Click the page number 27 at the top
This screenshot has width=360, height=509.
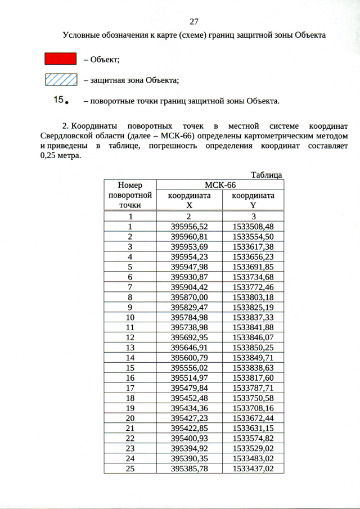pos(194,22)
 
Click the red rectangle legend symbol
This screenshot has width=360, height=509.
pos(61,59)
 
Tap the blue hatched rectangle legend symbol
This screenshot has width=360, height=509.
pos(61,80)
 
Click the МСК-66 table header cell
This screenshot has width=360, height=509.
pos(219,185)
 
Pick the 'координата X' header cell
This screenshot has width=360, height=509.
pos(190,200)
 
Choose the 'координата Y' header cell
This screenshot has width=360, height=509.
pos(253,200)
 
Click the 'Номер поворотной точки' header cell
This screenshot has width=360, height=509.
pos(130,195)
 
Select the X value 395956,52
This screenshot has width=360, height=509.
pos(190,226)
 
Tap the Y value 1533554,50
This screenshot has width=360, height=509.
pos(253,236)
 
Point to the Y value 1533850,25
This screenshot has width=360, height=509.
pos(253,347)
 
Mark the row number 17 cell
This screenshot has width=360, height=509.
pos(130,388)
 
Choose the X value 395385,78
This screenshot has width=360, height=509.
pos(190,468)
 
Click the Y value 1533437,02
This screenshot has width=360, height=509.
pos(253,468)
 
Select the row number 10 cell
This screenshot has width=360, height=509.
pos(130,317)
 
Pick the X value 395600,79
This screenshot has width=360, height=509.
pos(190,357)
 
